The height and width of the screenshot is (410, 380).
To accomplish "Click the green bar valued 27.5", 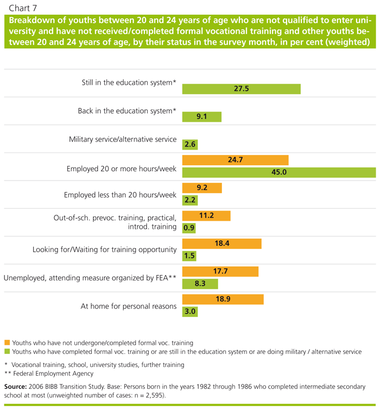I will tap(241, 89).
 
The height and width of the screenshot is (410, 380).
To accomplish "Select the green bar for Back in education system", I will tap(202, 116).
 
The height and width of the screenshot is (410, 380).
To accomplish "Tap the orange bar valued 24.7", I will tap(235, 160).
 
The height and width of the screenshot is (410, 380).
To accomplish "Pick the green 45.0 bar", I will tap(279, 173).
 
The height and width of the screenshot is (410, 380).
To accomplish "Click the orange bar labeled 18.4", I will tap(221, 243).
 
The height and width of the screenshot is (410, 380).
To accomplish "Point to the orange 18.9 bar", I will tap(223, 299).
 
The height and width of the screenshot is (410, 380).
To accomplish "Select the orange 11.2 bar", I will tap(206, 215).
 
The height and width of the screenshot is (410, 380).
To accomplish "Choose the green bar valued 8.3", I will tap(200, 284).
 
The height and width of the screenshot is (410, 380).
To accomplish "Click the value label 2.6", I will tap(189, 144).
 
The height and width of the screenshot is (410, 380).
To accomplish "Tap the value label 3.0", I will tap(189, 312).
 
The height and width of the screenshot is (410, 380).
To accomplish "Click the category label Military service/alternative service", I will tap(123, 139).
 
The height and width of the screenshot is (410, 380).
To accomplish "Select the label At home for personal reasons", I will tap(129, 306).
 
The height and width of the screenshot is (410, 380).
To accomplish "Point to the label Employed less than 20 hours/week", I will tap(120, 195).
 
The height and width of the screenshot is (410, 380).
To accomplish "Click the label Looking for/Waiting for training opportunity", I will tap(104, 250).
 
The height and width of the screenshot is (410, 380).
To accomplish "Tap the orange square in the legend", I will tap(7, 343).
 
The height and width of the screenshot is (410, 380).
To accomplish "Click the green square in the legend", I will tap(7, 352).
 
